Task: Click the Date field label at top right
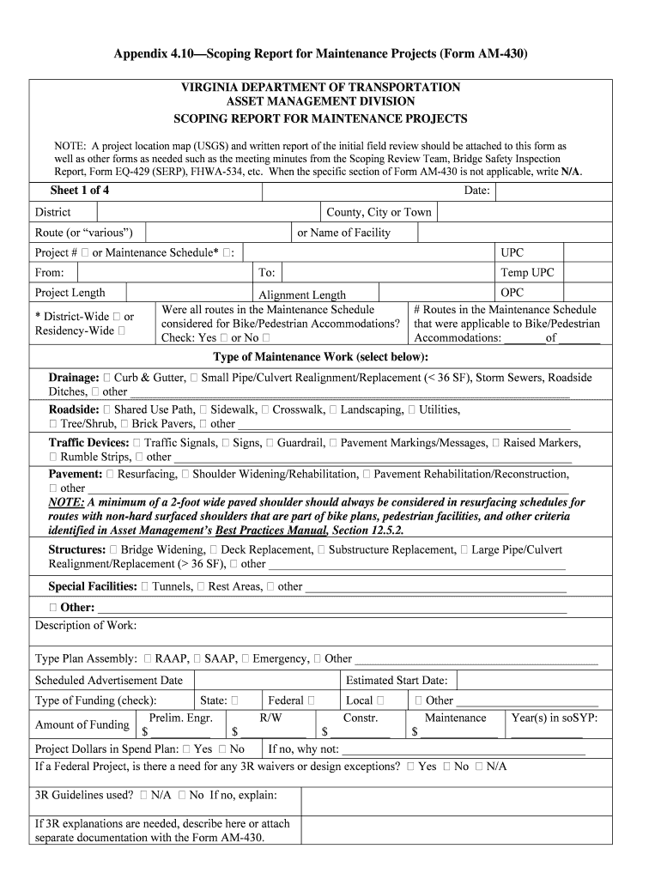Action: [476, 191]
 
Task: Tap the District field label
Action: [53, 212]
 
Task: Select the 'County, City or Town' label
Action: [379, 212]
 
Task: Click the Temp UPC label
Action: [527, 273]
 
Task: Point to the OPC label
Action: [512, 293]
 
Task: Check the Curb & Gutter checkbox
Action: [107, 378]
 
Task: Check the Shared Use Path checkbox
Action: [107, 410]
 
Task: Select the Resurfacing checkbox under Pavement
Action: [111, 474]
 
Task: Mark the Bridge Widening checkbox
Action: [114, 549]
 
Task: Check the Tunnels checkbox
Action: [145, 586]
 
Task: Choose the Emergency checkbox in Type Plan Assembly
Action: [246, 658]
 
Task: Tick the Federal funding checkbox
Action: [311, 700]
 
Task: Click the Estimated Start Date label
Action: [396, 680]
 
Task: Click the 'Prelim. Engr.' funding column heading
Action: [180, 718]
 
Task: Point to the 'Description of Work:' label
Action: [85, 625]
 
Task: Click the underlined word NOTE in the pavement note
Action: [66, 502]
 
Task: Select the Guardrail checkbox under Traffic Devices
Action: [270, 443]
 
